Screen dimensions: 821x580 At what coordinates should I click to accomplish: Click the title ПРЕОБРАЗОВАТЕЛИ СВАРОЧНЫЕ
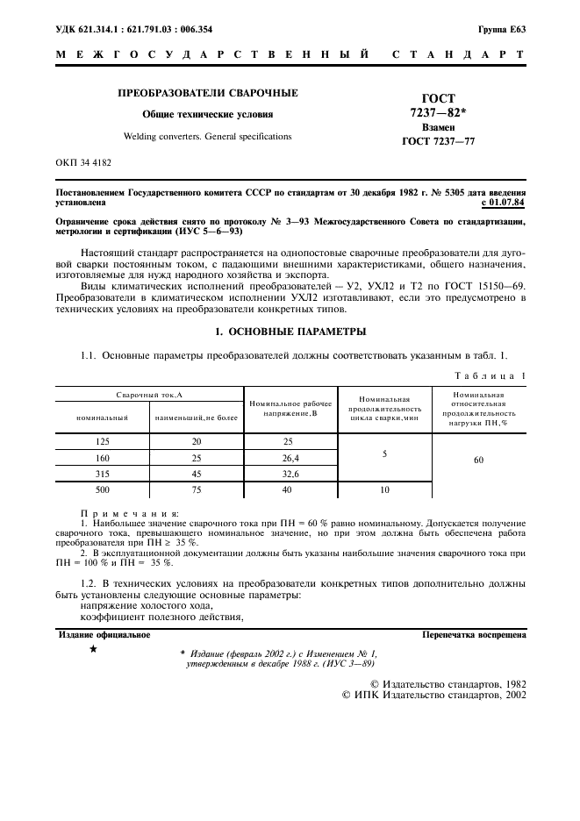(208, 93)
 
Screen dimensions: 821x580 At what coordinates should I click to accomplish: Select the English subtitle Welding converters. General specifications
(208, 137)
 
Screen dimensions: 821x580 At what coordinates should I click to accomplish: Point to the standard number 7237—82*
(438, 113)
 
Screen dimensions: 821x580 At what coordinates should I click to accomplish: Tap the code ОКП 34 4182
(83, 163)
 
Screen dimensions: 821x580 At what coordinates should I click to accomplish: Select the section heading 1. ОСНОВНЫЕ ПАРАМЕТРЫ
(290, 332)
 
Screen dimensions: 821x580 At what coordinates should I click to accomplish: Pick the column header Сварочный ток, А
(150, 396)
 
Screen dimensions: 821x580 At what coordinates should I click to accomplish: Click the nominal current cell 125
(102, 442)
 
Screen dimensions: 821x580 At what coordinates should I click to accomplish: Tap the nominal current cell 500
(102, 489)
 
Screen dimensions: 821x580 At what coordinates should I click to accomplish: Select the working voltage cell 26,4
(290, 458)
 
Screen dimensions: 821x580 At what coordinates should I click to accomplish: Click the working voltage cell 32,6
(290, 474)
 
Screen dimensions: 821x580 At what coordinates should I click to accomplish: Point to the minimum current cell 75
(197, 489)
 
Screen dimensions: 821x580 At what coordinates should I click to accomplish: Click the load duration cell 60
(478, 459)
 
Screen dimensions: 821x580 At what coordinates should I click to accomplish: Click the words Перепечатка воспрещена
(474, 633)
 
